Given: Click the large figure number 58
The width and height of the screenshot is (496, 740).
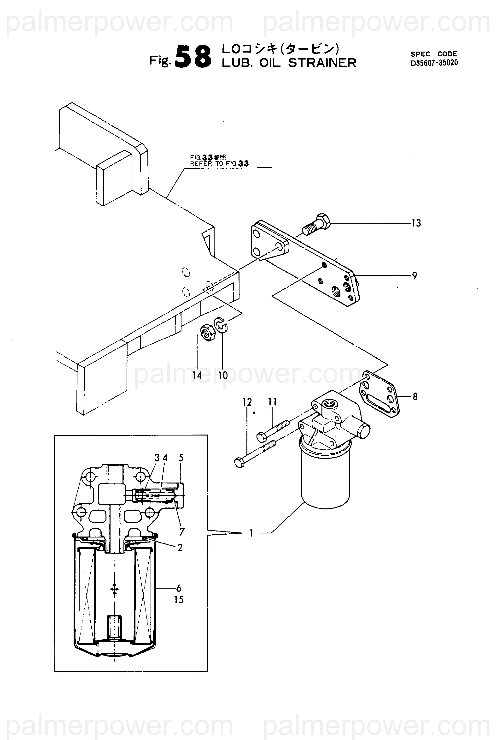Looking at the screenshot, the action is point(193,57).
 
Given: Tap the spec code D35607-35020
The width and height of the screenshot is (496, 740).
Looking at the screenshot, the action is point(434,63).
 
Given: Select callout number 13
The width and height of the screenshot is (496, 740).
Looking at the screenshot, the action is point(416,223).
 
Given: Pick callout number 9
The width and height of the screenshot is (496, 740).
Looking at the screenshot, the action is point(415,276).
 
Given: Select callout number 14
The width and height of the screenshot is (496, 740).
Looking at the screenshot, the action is point(197,376).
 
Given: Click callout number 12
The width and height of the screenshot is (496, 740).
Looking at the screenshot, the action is point(247,402).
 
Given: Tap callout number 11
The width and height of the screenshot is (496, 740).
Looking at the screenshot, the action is point(272,402).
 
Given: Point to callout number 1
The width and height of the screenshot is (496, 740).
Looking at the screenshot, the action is point(251,533).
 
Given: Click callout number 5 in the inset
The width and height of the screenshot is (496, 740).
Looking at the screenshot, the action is point(181,458).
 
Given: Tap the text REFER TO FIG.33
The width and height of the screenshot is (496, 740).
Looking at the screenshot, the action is point(219,164).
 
